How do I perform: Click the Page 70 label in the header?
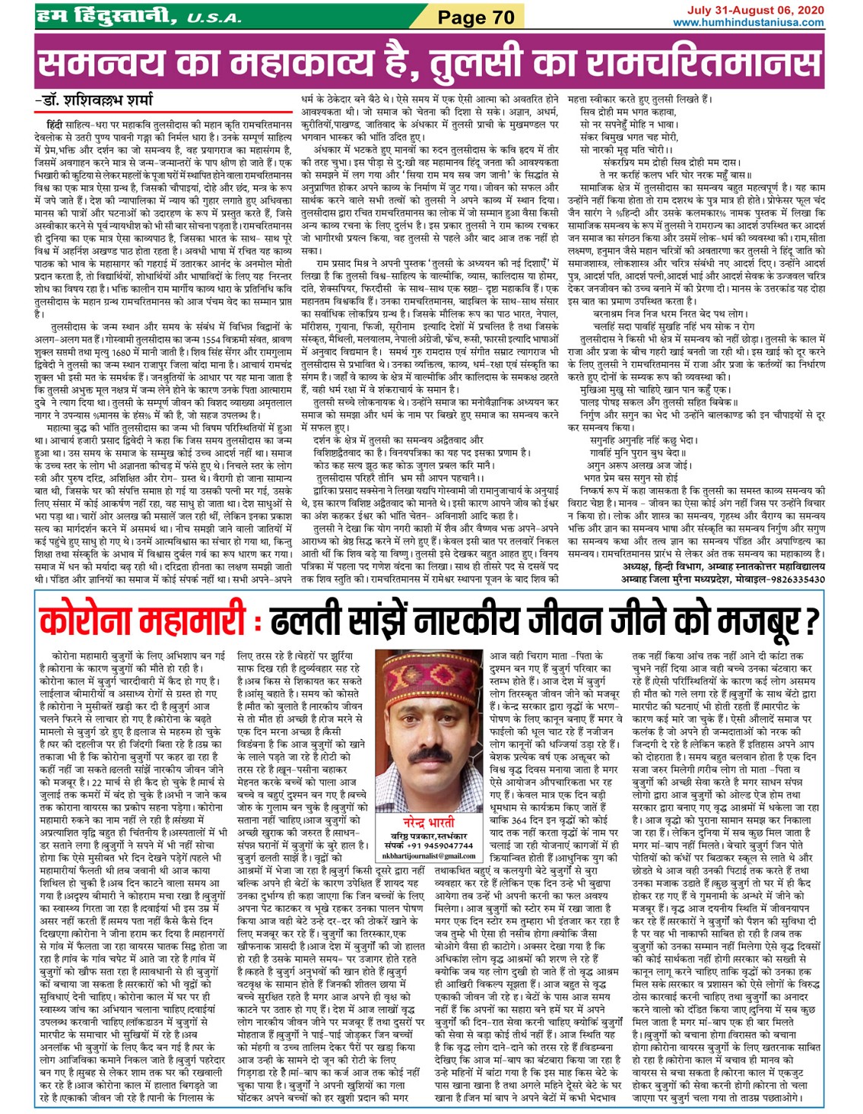click(476, 17)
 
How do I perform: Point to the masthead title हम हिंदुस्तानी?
click(105, 15)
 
